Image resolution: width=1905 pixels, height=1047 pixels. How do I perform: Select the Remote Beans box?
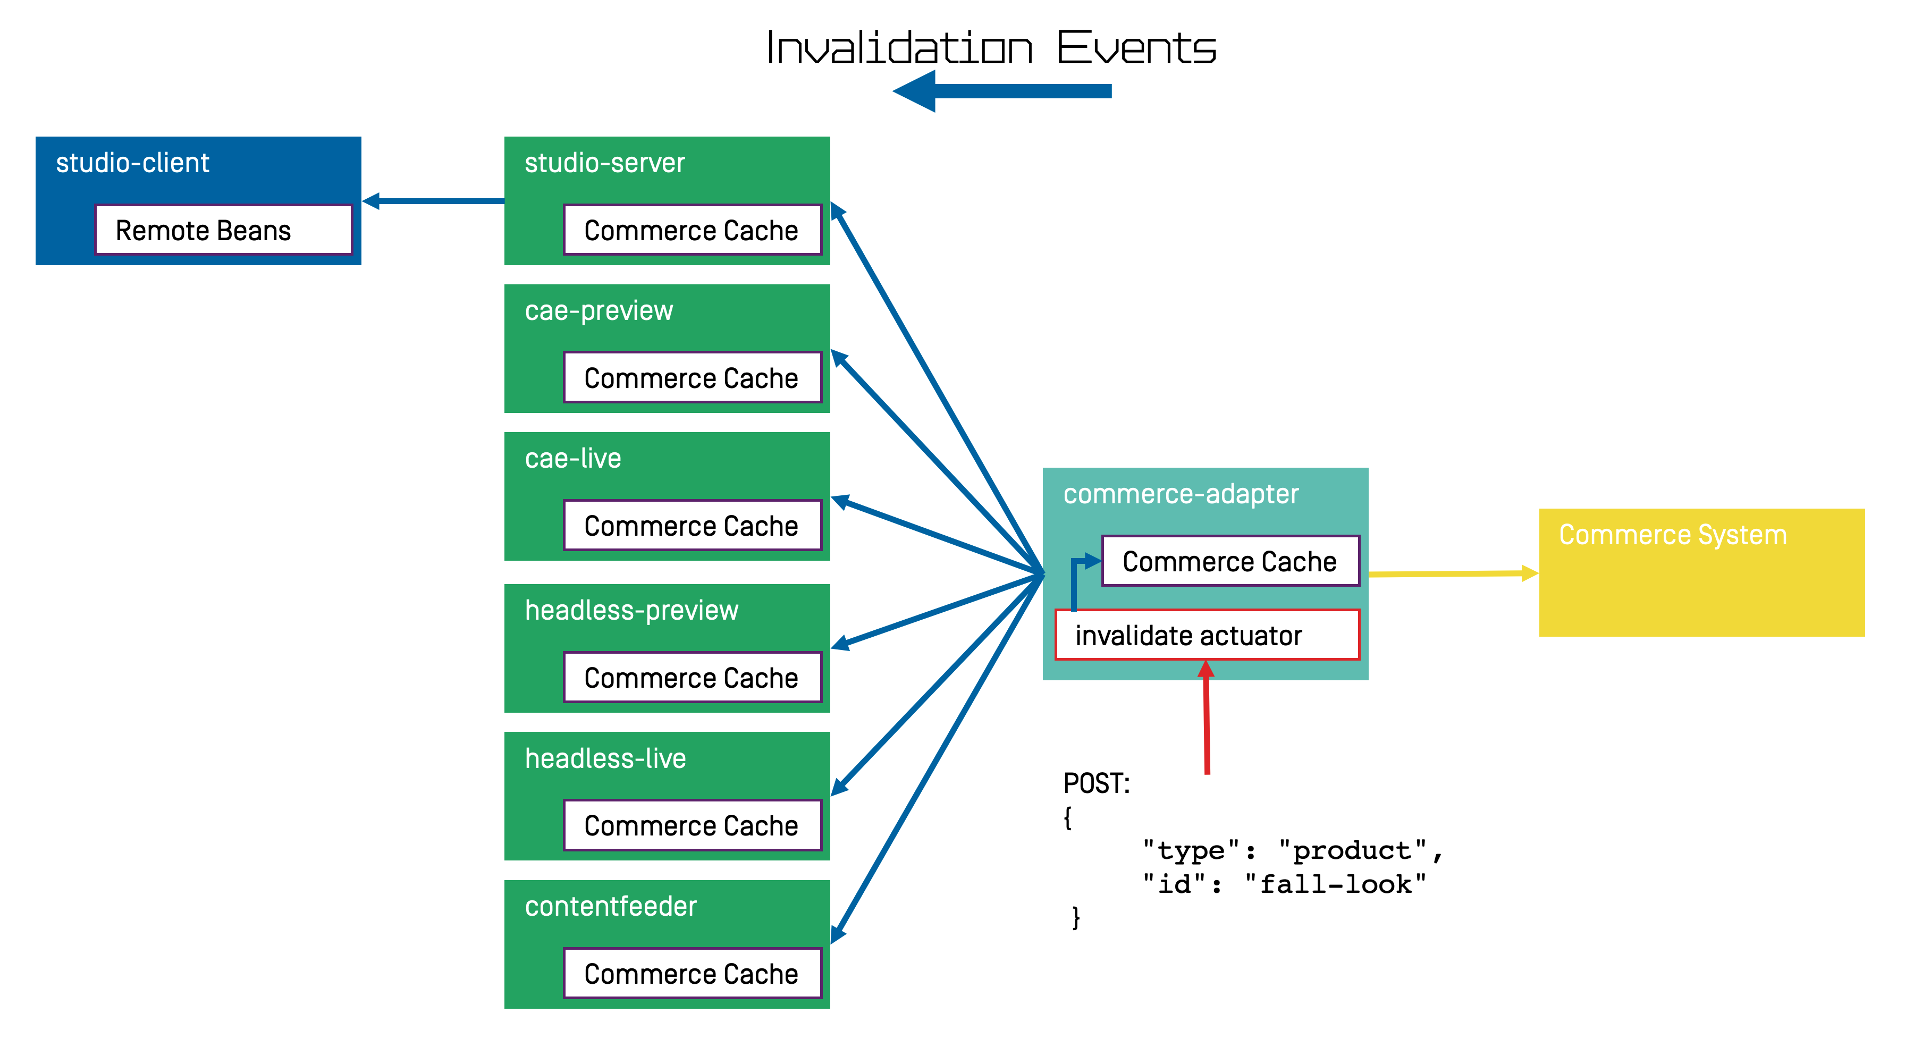[x=223, y=230]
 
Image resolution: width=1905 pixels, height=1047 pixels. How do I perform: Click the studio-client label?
[x=132, y=163]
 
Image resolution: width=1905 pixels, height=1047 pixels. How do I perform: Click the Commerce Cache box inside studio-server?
[x=692, y=230]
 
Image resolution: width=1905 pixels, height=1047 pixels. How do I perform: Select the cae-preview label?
[x=599, y=310]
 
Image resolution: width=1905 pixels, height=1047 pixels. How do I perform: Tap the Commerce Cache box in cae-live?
[x=692, y=526]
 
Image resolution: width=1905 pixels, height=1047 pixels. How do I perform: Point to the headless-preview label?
[x=631, y=610]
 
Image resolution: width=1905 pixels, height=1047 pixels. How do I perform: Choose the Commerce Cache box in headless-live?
[x=692, y=825]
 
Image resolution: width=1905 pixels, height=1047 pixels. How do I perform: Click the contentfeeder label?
[x=610, y=906]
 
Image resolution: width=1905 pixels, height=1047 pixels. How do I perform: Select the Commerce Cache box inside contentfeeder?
[x=692, y=973]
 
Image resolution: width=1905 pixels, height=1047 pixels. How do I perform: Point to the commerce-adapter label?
[x=1181, y=494]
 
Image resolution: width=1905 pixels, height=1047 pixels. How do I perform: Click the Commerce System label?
[x=1672, y=535]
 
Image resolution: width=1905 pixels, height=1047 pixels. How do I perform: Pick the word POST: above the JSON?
[x=1096, y=783]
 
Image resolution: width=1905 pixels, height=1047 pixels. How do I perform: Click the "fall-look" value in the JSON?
[x=1335, y=884]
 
